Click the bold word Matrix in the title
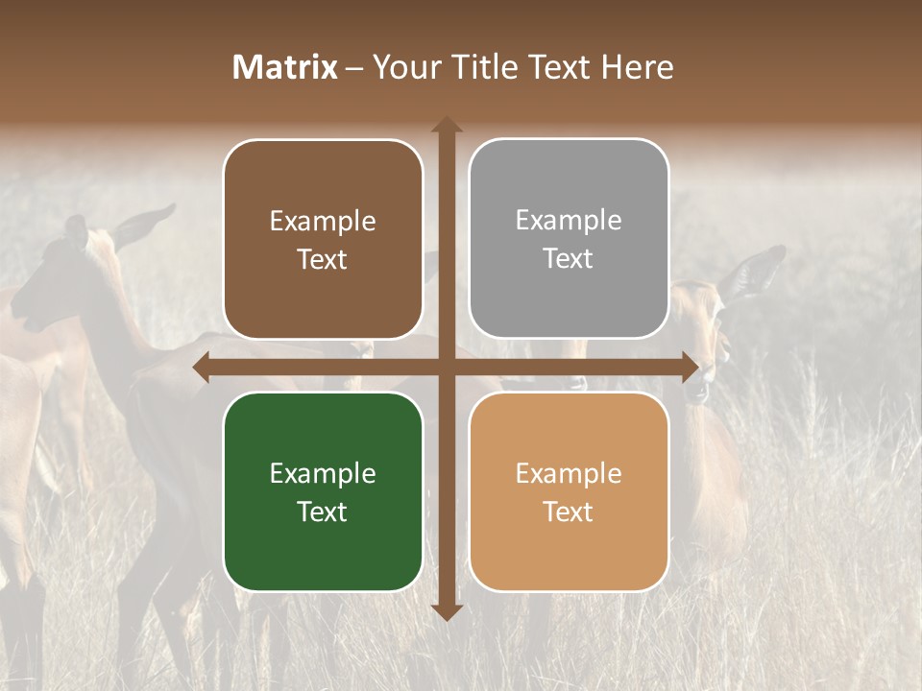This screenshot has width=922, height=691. click(x=285, y=67)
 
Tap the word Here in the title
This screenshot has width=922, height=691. click(x=637, y=67)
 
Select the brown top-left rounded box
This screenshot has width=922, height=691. click(x=323, y=240)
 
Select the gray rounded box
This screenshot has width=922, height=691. click(x=569, y=239)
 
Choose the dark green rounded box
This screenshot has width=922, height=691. click(x=323, y=492)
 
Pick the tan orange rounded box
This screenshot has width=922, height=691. click(x=569, y=492)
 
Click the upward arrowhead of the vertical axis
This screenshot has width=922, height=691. click(x=446, y=125)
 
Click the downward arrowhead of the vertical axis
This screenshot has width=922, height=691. click(x=446, y=611)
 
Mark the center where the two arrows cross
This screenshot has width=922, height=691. click(x=446, y=368)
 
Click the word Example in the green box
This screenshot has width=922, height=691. click(x=323, y=474)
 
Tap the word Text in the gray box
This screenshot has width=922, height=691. click(x=569, y=259)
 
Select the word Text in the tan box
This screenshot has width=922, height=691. click(x=569, y=512)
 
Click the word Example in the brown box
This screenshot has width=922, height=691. click(x=323, y=222)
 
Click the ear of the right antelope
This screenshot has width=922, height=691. click(x=759, y=269)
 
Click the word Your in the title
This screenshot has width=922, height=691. click(x=403, y=67)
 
